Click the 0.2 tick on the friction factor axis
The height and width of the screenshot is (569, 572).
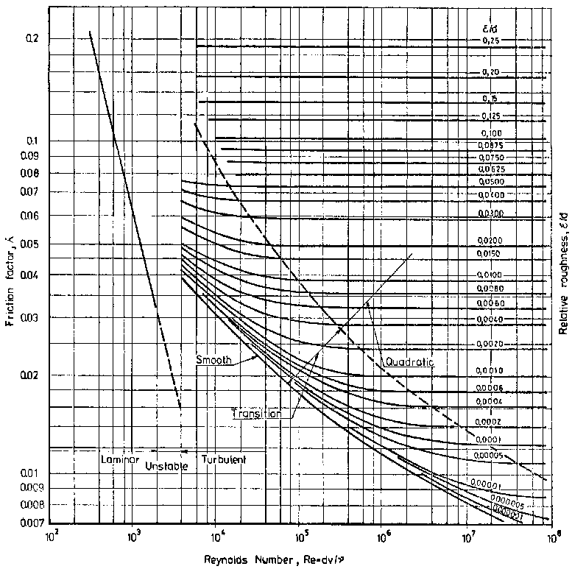pyautogui.click(x=32, y=38)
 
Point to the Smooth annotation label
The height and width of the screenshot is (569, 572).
pyautogui.click(x=214, y=360)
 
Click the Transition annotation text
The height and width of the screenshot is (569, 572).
pyautogui.click(x=257, y=414)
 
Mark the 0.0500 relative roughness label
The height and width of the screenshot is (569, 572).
pyautogui.click(x=491, y=181)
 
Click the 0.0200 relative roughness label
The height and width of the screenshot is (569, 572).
pyautogui.click(x=491, y=241)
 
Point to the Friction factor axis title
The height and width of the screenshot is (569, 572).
pyautogui.click(x=13, y=275)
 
